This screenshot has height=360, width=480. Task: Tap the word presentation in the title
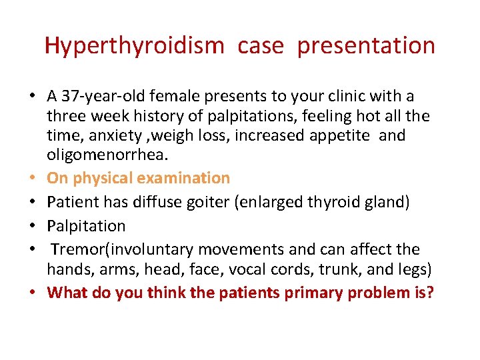point(366,46)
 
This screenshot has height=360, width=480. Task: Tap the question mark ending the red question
point(430,292)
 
